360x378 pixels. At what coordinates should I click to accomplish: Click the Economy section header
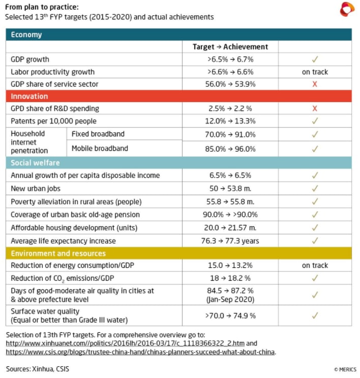tap(26, 35)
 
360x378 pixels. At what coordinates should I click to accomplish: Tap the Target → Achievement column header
tap(230, 47)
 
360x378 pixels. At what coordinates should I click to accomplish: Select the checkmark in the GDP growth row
tap(315, 59)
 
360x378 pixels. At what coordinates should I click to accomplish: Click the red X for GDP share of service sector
tap(315, 84)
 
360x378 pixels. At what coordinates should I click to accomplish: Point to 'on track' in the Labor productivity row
tap(315, 72)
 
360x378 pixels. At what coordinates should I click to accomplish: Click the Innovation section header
tap(29, 96)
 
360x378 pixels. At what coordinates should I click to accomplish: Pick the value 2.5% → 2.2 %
tap(230, 109)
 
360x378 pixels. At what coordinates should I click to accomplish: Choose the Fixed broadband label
tap(98, 134)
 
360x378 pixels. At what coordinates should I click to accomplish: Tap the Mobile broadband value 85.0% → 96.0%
tap(230, 149)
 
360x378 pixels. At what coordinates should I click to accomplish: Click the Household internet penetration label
tap(29, 142)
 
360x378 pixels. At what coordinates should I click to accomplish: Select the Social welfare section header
tap(35, 163)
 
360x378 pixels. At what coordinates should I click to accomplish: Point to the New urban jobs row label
tap(36, 188)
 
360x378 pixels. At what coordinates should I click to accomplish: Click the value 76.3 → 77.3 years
tap(230, 241)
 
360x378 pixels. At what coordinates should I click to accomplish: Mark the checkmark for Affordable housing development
tap(315, 228)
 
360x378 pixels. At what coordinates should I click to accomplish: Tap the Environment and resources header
tap(58, 254)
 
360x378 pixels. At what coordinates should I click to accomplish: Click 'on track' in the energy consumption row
tap(315, 265)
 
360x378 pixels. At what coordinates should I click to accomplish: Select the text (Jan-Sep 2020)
tap(230, 299)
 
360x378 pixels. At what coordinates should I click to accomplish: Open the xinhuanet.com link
tap(125, 343)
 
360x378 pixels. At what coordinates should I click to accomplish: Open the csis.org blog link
tap(140, 352)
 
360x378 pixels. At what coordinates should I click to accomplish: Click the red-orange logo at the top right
tap(347, 9)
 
